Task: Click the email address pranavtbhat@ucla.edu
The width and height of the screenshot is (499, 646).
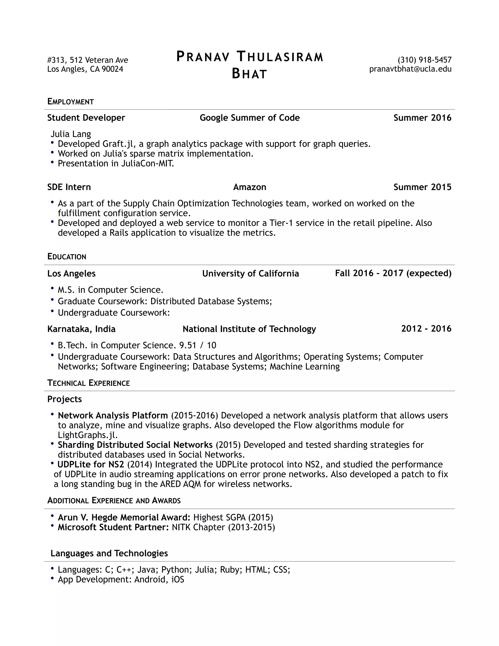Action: pyautogui.click(x=410, y=69)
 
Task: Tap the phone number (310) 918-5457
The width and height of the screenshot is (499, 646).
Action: pyautogui.click(x=424, y=60)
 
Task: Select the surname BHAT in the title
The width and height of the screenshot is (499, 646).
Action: pyautogui.click(x=249, y=74)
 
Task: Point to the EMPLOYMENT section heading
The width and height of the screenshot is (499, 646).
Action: pyautogui.click(x=70, y=102)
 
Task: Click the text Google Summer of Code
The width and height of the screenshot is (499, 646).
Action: pyautogui.click(x=249, y=118)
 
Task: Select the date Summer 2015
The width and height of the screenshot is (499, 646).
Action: pyautogui.click(x=422, y=187)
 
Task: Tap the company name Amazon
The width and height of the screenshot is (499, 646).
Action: pyautogui.click(x=249, y=187)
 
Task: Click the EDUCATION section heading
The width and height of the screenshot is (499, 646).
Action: pyautogui.click(x=67, y=257)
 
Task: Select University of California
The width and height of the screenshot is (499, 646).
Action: pyautogui.click(x=250, y=274)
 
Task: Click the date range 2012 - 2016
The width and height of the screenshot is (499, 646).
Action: pyautogui.click(x=426, y=329)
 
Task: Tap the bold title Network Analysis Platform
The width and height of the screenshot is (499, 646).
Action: pyautogui.click(x=113, y=416)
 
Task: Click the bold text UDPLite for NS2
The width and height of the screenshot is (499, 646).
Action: pyautogui.click(x=90, y=464)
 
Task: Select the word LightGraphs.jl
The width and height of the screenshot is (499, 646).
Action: pyautogui.click(x=88, y=435)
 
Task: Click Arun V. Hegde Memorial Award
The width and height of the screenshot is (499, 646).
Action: pyautogui.click(x=124, y=517)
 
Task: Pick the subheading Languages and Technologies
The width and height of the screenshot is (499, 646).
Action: pyautogui.click(x=109, y=553)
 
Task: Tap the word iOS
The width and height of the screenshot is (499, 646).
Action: pyautogui.click(x=178, y=579)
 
